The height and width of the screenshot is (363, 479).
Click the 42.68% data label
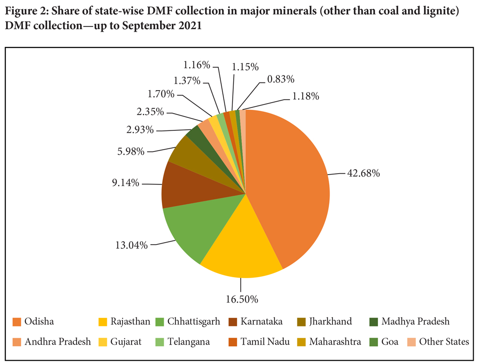[x=364, y=174]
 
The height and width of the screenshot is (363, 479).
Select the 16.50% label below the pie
[x=242, y=299]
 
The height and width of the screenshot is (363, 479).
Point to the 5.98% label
[x=130, y=152]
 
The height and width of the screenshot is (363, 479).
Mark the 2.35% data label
[x=149, y=112]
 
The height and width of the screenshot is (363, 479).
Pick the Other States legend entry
[x=444, y=342]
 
